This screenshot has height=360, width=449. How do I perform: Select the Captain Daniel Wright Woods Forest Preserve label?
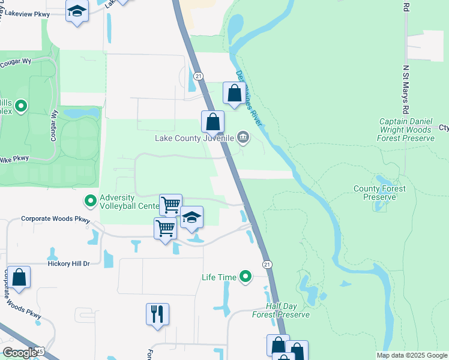coord(405,130)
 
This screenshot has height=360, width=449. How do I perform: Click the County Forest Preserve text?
coord(379,193)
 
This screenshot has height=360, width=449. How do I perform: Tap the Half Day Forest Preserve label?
coord(281,310)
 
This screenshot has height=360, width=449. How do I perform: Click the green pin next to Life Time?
coord(245,277)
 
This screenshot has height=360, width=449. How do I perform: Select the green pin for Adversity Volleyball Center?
coord(91,200)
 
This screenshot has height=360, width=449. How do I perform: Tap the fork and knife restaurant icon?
coord(157,313)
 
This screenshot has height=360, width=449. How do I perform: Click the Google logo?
coord(20,353)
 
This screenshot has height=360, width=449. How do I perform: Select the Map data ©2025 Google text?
coord(411,355)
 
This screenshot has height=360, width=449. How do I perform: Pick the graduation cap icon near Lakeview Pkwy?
coord(77,11)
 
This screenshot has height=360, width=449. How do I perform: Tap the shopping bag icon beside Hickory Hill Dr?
coord(19,277)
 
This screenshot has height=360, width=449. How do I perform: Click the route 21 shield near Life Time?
coord(267,264)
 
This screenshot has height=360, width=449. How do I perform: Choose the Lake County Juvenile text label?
coord(194,138)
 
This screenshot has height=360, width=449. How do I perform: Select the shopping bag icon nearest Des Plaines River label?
coord(234,93)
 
